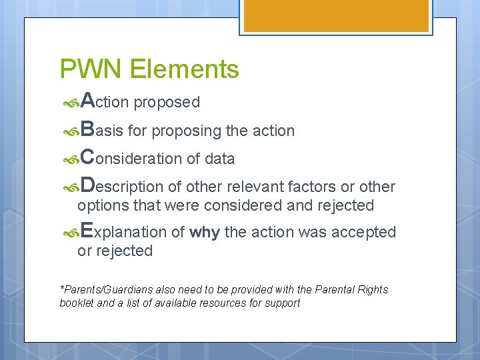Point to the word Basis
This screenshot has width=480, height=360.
(x=101, y=130)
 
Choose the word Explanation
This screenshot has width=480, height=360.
(x=123, y=231)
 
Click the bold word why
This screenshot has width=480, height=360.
(x=205, y=232)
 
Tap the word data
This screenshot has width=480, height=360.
(x=220, y=159)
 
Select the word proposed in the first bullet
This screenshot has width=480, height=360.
(x=167, y=103)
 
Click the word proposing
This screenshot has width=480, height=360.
(x=186, y=131)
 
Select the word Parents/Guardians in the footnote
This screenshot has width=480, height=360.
(x=103, y=289)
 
